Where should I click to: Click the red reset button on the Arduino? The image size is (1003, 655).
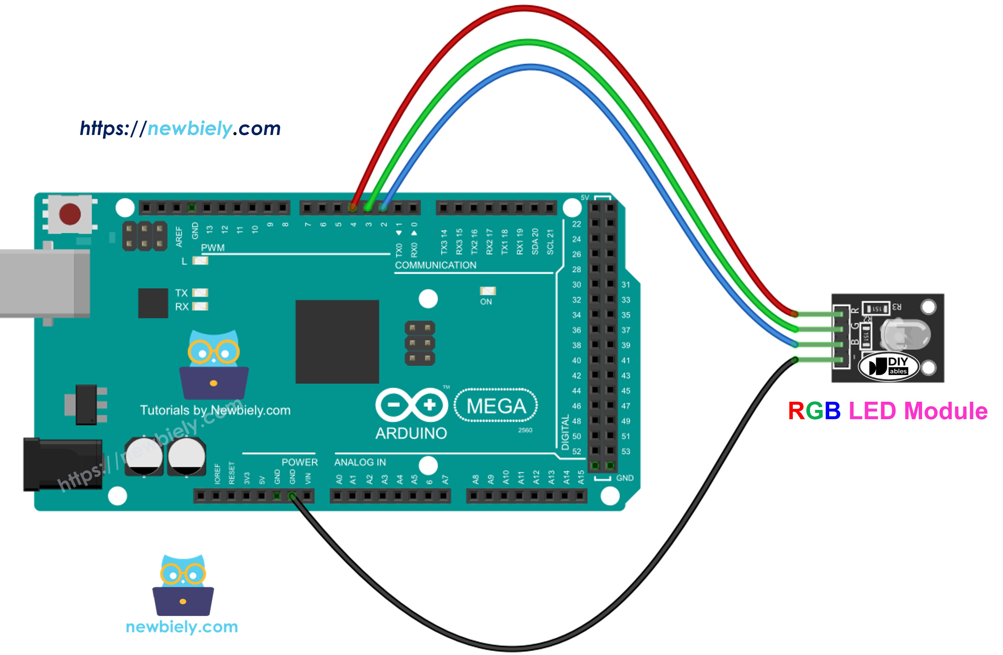[70, 214]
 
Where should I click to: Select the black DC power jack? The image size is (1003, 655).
[62, 464]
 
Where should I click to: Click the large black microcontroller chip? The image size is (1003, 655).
[337, 342]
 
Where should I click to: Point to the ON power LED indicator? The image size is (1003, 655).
[487, 291]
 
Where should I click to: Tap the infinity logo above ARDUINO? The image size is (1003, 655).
[411, 405]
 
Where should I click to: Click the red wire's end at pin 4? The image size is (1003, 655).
[353, 207]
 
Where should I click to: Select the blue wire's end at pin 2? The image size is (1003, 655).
[383, 207]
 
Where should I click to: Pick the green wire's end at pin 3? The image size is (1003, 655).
[368, 207]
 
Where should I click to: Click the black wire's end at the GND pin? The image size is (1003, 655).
[292, 496]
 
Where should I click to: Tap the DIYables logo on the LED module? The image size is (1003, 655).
[889, 366]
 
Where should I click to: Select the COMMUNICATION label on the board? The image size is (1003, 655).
[435, 265]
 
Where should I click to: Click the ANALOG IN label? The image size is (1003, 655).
[360, 462]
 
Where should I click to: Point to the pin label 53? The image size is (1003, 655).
[626, 451]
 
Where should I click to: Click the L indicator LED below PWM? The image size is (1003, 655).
[200, 261]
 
